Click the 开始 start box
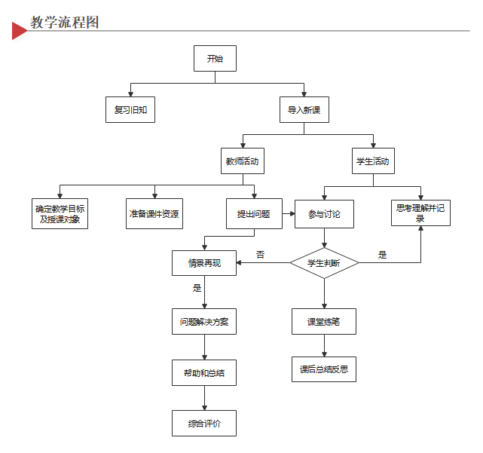215,59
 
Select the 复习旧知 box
130,110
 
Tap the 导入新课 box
304,110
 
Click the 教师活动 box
241,161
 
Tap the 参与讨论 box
324,214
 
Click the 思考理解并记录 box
420,213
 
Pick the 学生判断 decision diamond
324,263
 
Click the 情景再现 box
204,263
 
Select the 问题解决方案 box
204,322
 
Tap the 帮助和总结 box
204,373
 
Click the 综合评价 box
204,424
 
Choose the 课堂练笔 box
324,322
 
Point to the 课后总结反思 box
324,369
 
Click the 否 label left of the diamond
261,255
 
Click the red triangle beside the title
19,29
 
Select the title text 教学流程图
65,22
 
